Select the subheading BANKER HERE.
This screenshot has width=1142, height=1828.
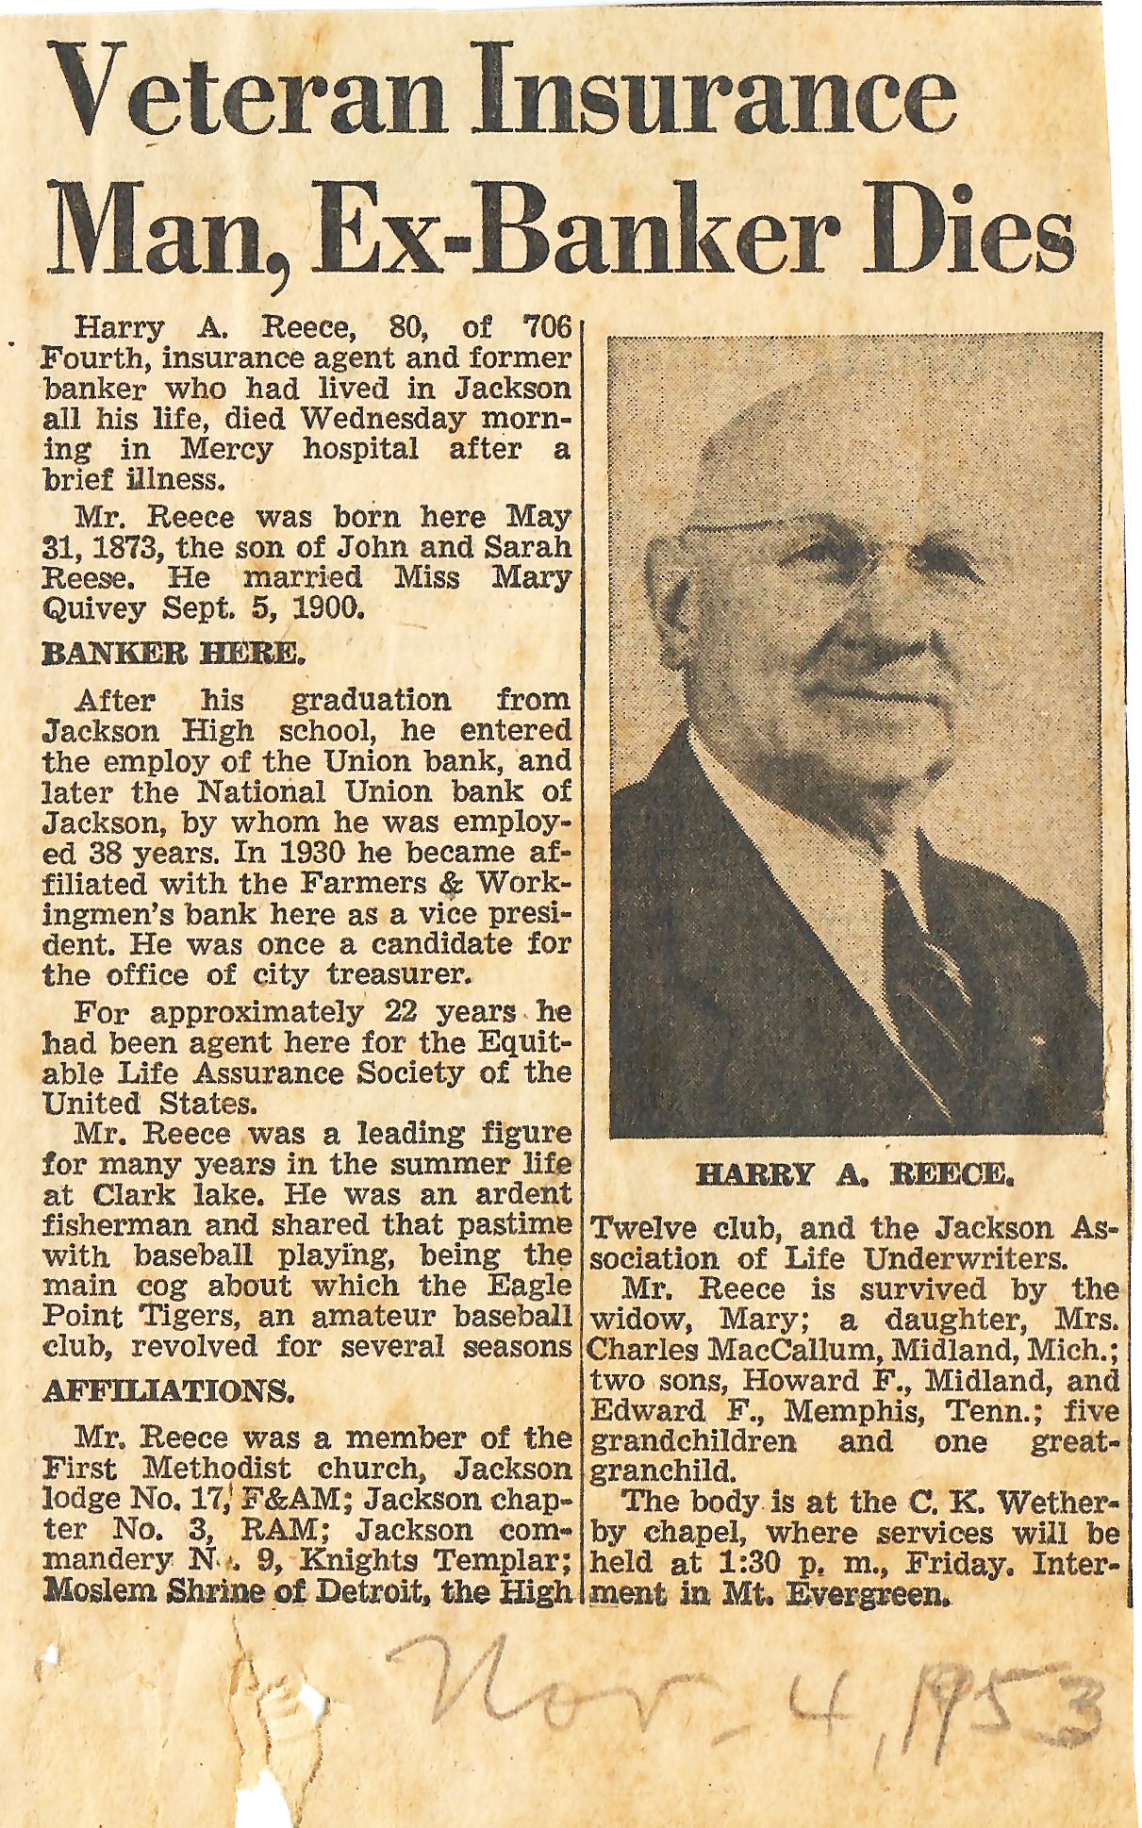[x=173, y=654]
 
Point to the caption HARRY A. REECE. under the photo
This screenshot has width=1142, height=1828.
[x=853, y=1174]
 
